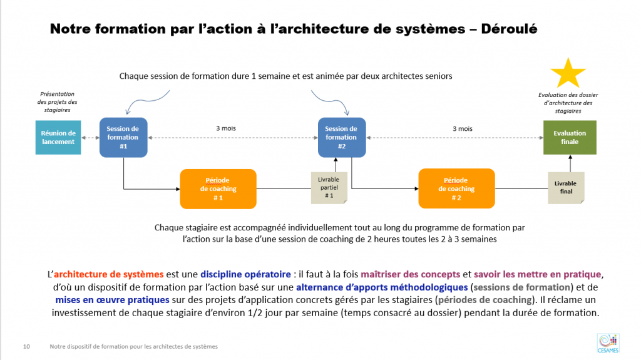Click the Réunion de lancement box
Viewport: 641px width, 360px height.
[x=58, y=138]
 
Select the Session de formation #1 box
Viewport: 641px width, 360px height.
[x=123, y=138]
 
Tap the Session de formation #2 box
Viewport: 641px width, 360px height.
[x=342, y=138]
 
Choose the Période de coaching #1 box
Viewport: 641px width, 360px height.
[x=218, y=189]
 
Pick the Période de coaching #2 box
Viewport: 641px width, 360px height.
[x=456, y=188]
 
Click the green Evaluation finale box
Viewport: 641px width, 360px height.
[x=570, y=138]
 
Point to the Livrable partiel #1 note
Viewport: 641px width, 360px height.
[x=329, y=188]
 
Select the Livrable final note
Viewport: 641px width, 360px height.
[x=566, y=188]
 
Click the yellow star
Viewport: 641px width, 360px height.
[x=568, y=73]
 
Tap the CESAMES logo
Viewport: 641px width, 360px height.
[x=608, y=343]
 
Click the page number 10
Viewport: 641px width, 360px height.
[x=26, y=346]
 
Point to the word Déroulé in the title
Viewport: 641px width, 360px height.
[x=509, y=29]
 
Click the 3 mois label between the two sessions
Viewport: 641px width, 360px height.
[x=226, y=128]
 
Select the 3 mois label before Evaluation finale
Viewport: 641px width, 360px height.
[x=463, y=129]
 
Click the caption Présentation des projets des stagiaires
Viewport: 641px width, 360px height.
[x=57, y=102]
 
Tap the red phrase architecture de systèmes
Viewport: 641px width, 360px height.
[x=109, y=274]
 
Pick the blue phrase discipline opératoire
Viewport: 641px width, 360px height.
[x=245, y=274]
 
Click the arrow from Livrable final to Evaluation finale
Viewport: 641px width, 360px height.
[x=570, y=163]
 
